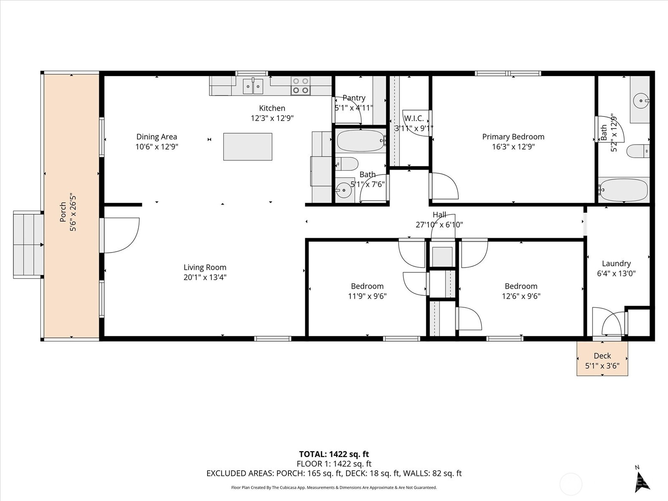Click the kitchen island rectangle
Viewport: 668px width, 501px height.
248,147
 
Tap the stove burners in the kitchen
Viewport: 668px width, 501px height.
301,86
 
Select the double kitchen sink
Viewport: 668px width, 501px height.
253,86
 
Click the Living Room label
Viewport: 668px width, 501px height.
205,267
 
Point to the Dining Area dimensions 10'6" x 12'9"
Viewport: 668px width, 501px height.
157,147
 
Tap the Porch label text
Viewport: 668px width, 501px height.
63,212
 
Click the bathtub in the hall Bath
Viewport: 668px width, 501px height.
361,141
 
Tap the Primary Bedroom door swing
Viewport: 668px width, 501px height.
445,186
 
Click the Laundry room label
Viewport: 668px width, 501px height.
616,263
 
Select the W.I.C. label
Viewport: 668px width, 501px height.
414,118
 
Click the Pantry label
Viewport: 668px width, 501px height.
354,98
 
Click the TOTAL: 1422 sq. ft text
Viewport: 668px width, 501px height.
334,454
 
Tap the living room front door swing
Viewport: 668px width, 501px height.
121,235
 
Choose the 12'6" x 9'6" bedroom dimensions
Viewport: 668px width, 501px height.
521,296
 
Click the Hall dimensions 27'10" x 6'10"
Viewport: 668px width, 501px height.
439,225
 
